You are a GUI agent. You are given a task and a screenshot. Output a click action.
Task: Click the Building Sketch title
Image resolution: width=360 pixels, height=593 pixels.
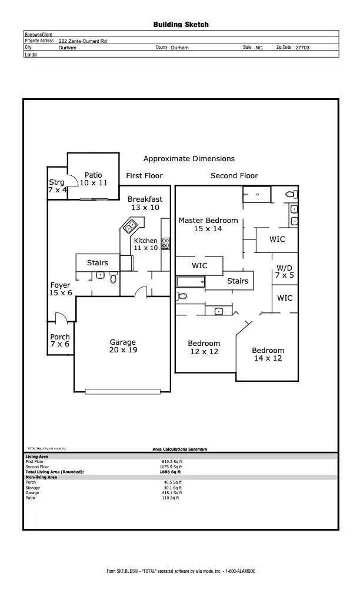[181, 25]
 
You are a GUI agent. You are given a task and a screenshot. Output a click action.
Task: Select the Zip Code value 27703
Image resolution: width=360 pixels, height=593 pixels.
[302, 47]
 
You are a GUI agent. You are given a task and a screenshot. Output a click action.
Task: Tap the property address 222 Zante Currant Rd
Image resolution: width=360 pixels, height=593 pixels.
[83, 41]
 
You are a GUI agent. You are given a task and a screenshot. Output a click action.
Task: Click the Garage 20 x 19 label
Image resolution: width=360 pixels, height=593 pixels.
[122, 347]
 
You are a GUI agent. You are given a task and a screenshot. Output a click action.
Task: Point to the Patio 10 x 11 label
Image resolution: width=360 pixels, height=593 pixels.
[94, 179]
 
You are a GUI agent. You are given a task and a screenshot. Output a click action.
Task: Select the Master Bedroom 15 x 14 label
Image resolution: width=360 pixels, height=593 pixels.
[208, 225]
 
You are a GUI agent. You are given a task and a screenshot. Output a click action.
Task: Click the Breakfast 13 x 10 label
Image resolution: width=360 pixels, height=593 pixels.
[145, 204]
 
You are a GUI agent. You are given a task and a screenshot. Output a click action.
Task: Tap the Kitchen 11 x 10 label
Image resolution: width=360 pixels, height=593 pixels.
[145, 245]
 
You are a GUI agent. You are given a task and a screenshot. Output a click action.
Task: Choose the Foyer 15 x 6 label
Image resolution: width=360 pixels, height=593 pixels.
[60, 289]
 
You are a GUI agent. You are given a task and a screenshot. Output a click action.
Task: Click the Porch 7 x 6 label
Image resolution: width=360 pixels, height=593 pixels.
[59, 341]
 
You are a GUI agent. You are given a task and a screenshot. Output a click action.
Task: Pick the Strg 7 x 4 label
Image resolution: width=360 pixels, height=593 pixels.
[57, 186]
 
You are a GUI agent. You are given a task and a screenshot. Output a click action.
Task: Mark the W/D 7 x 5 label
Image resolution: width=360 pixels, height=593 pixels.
[284, 271]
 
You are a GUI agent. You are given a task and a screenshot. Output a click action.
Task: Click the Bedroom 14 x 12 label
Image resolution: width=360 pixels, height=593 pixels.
[268, 354]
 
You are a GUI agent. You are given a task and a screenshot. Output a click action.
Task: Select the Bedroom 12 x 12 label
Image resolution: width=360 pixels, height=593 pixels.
[204, 348]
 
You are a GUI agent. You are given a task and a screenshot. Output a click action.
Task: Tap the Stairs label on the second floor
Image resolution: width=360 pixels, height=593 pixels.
[238, 281]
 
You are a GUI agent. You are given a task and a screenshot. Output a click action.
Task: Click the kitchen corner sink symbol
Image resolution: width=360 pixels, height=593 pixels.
[130, 225]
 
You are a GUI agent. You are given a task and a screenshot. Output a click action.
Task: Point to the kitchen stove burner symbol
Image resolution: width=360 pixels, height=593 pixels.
[165, 243]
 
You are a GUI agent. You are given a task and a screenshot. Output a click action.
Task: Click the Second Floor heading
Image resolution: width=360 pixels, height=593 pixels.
[234, 175]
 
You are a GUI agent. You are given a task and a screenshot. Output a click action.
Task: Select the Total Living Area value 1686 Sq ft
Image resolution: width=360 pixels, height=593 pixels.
[170, 472]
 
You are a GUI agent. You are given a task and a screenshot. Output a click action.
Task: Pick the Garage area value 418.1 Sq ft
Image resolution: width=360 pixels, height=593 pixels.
[173, 493]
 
